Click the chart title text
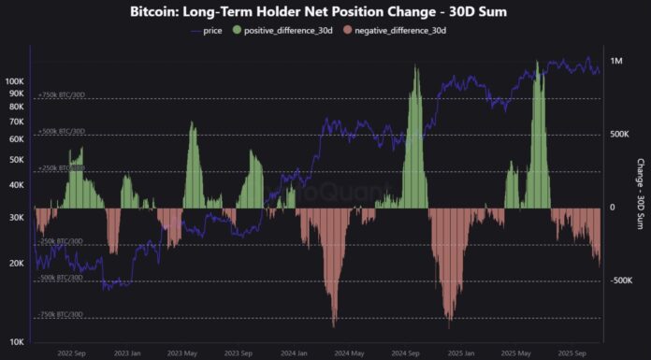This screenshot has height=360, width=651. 326,11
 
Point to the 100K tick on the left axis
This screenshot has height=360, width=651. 14,81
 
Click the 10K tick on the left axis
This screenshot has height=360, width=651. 16,341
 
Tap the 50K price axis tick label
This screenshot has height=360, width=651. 16,160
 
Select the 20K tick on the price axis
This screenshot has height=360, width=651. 16,264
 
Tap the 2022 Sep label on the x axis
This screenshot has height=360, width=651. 72,353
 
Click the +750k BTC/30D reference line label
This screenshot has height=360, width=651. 62,94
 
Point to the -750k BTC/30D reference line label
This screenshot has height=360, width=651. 61,314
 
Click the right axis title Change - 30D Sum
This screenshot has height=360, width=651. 640,195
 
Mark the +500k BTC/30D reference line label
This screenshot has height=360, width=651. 62,131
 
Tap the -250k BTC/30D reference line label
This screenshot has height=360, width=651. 61,241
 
